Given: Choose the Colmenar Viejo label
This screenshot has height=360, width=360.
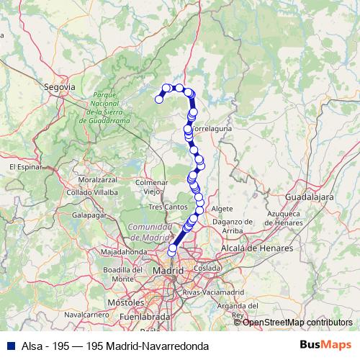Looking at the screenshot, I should click(x=151, y=187).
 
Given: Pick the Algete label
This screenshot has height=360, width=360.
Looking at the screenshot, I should click(x=222, y=208).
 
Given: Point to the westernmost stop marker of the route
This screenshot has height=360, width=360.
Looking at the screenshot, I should click(x=159, y=99).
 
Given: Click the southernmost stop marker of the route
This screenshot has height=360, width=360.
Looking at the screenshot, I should click(x=171, y=252).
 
